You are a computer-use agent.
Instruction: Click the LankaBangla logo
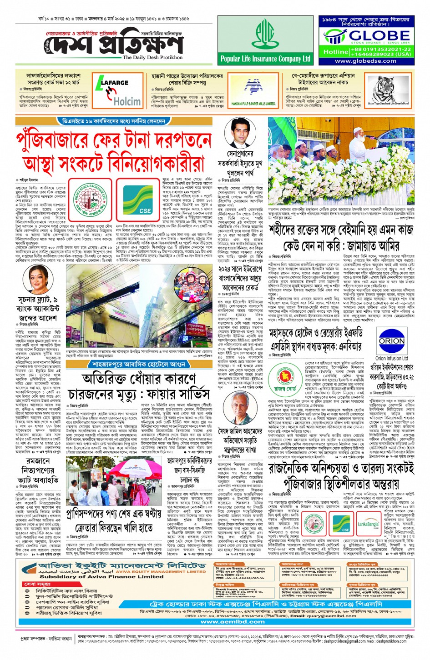368,521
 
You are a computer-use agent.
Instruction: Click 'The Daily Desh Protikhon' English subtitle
152,58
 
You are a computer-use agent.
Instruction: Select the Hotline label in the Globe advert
335,52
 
